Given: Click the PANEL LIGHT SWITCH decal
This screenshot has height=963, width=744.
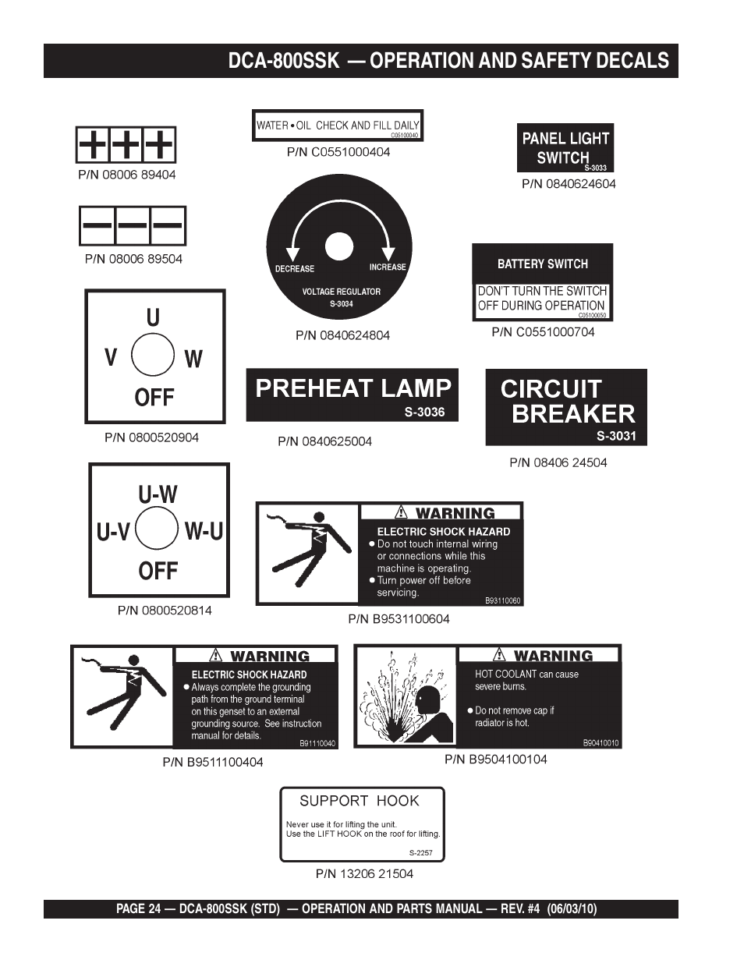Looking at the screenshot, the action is pos(565,147).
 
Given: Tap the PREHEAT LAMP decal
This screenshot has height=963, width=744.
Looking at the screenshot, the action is pos(353,395).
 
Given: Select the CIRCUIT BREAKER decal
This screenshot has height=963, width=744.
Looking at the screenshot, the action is pos(566,406).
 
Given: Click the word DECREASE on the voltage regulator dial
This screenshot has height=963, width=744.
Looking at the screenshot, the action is pos(295,269).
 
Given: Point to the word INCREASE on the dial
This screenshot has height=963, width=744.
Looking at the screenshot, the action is pos(388,267).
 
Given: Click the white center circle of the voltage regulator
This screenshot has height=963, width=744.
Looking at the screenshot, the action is pos(339,246).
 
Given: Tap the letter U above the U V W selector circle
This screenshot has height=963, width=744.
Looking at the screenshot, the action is pos(153,317).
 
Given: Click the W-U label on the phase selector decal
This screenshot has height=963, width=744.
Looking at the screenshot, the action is pos(204,531).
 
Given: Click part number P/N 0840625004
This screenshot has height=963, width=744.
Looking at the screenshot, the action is pos(325,441).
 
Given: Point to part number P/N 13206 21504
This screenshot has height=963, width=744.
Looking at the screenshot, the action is pos(364,873).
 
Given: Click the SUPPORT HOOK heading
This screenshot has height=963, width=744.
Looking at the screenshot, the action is pos(360,801).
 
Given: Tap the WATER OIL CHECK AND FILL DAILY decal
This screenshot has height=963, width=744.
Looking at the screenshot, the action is pos(338,125).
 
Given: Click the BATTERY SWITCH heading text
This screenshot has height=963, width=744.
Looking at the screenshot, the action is pos(543,264).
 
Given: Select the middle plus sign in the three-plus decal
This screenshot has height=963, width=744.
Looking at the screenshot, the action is pos(126,145).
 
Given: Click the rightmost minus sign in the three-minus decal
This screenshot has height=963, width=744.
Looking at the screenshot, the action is pos(168,225).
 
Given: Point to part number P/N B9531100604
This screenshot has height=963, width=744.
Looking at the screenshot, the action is pos(399,619).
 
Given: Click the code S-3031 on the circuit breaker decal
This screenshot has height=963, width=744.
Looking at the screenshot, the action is pos(617,436).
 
